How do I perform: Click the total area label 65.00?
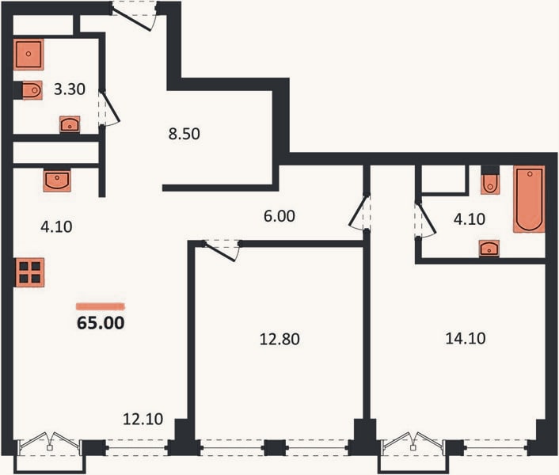click(x=101, y=323)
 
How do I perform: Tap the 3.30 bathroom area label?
click(x=70, y=89)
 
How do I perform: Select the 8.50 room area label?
click(x=184, y=134)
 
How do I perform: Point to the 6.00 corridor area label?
click(x=279, y=216)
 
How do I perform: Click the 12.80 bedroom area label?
click(x=279, y=339)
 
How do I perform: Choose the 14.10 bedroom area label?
click(x=466, y=338)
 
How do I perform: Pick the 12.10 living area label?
click(x=143, y=419)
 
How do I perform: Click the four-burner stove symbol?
click(x=29, y=272)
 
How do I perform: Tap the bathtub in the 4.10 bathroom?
click(x=529, y=199)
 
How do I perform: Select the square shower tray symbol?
click(x=29, y=54)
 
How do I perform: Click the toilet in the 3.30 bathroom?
click(x=32, y=90)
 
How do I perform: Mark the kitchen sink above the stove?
click(x=57, y=180)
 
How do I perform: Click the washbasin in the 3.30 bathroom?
click(x=70, y=125)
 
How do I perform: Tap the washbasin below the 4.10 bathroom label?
click(x=489, y=248)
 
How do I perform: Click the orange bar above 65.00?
click(x=101, y=306)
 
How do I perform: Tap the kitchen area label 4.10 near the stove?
click(x=56, y=226)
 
